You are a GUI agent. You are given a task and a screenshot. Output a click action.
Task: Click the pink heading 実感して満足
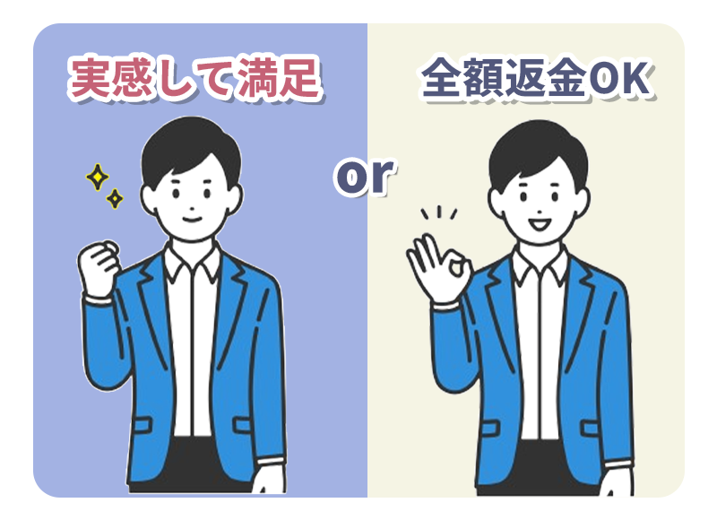[x=194, y=78]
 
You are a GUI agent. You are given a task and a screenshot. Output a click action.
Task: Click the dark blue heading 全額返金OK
[x=536, y=78]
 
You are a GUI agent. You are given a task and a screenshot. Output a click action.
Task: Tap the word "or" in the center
[x=364, y=176]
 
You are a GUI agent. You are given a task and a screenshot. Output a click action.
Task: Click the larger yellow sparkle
[x=98, y=177]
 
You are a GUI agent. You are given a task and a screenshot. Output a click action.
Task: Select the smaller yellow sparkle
[x=115, y=199]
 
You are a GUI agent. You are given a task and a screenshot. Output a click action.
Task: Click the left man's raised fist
[x=99, y=268]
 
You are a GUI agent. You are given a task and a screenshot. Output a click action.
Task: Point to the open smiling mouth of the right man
[x=540, y=224]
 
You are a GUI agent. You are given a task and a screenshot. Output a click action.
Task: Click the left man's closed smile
[x=192, y=219]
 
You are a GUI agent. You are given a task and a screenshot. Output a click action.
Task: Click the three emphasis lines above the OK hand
[x=439, y=212]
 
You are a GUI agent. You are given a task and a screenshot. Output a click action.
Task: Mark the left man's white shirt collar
[x=192, y=261]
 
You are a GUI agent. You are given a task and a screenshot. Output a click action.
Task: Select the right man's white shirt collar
[x=540, y=264]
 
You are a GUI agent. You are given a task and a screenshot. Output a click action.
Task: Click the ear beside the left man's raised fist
[x=148, y=200]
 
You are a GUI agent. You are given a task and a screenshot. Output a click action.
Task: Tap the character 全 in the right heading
[x=441, y=78]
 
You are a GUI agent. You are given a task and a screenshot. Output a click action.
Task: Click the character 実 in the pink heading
[x=90, y=78]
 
